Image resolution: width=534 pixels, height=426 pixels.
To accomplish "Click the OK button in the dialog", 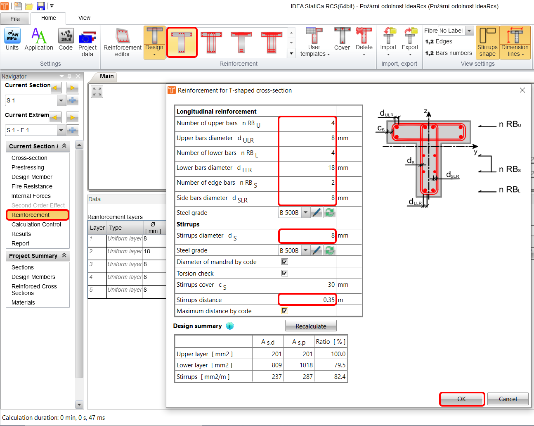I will coord(461,399).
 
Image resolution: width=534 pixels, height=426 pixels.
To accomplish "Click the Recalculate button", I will coord(311,326).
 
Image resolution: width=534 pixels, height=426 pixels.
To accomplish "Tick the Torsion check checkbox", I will coord(285,273).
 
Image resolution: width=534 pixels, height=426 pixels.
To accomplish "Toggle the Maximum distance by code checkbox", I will coord(285,311).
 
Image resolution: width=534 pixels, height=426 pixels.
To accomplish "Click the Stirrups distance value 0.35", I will coord(307,300).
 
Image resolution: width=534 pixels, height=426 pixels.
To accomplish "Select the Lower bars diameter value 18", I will coord(307,168).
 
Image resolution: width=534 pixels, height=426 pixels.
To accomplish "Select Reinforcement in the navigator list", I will coord(31,215).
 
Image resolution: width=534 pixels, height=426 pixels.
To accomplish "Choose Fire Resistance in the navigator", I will coord(32,186).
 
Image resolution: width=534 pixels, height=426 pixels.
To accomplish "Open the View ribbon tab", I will coord(84,18).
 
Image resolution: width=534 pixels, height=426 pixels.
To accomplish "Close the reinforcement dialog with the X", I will coord(522,90).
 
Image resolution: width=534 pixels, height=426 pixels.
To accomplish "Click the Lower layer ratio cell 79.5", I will coord(331,365).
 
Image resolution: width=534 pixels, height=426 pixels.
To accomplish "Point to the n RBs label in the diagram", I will coord(510,169).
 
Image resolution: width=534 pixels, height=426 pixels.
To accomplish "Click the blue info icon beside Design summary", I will coord(230,326).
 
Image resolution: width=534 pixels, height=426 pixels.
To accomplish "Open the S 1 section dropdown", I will coord(61,100).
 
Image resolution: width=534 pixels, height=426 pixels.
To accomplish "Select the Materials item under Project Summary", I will coord(23,302).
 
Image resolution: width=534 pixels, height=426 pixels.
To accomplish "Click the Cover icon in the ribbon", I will coord(342,40).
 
